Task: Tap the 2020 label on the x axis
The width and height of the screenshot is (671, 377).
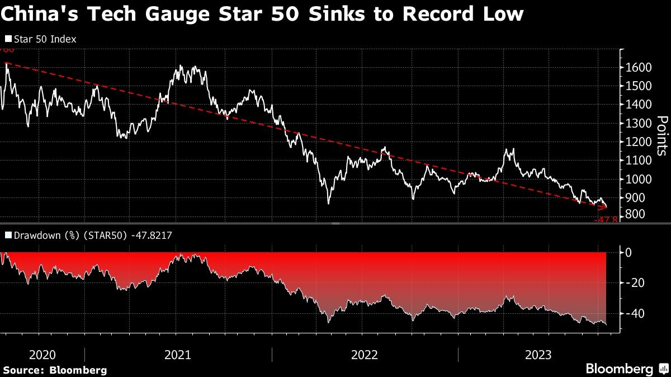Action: (42, 355)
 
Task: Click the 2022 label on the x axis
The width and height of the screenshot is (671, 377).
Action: (365, 355)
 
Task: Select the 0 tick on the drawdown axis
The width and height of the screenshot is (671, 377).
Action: (629, 253)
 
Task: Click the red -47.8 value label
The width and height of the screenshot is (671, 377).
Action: (606, 220)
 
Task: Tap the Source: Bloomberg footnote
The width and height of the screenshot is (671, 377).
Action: (55, 370)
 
